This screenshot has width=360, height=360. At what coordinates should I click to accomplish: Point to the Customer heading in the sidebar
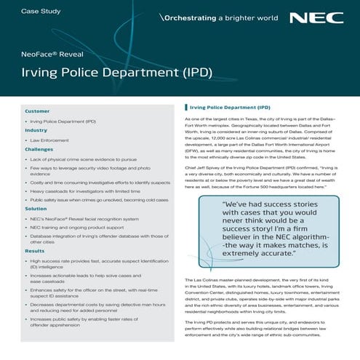pyautogui.click(x=37, y=111)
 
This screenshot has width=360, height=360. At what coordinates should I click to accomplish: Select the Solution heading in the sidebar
pyautogui.click(x=36, y=208)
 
